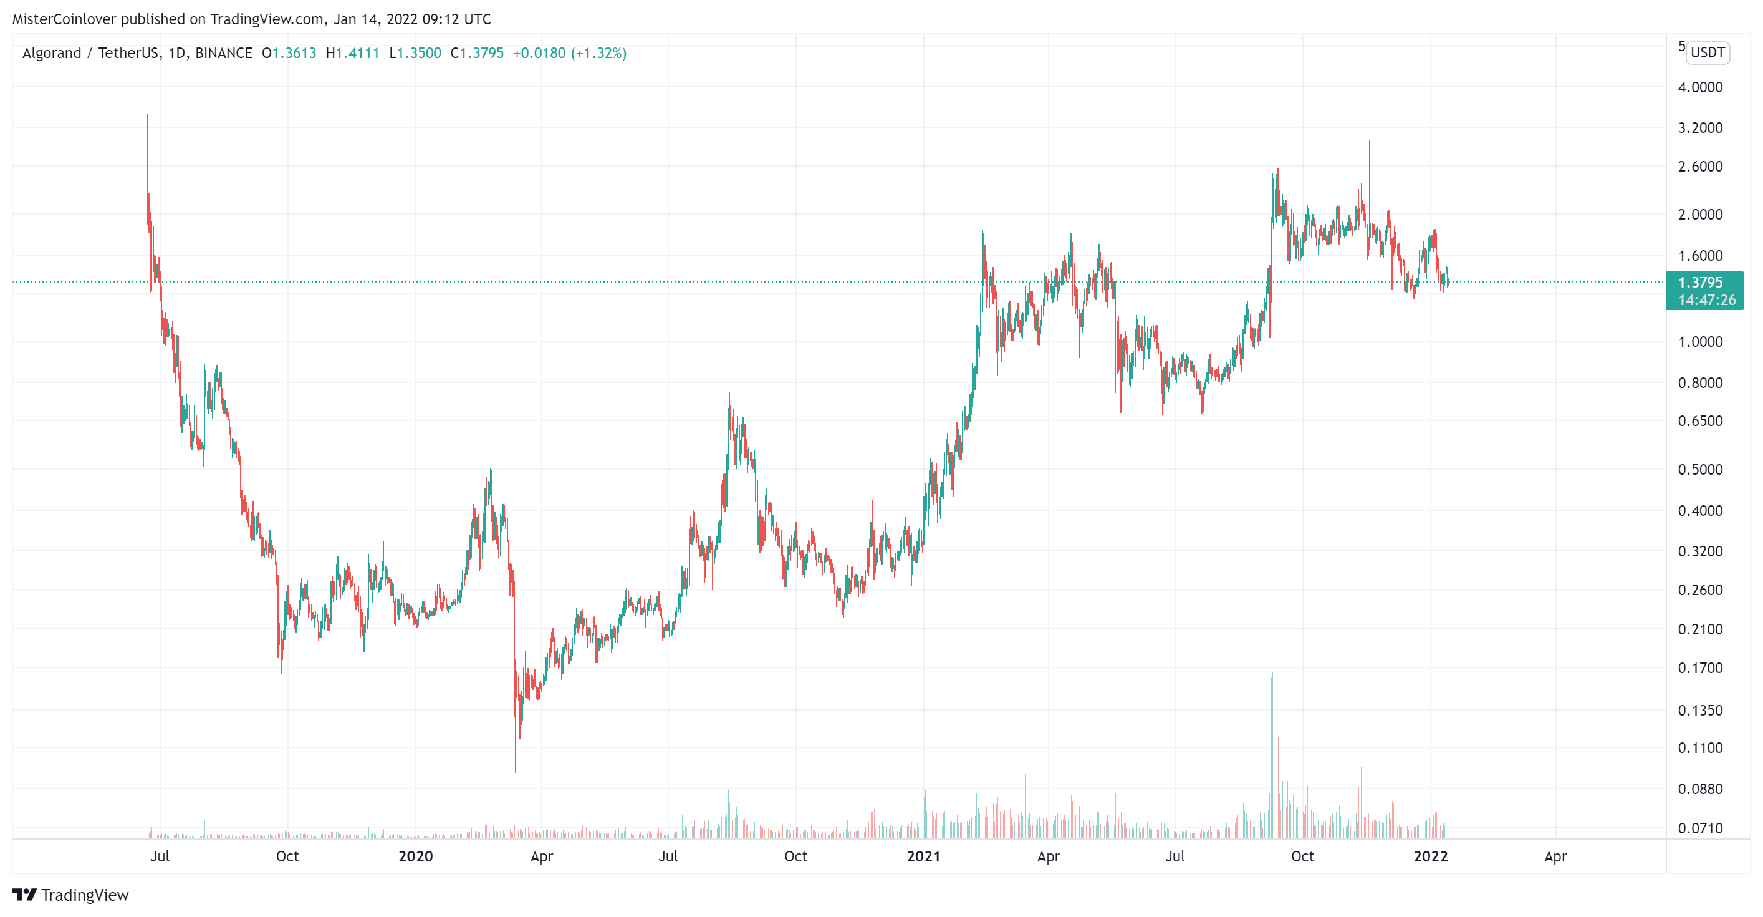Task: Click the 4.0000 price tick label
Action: pos(1699,87)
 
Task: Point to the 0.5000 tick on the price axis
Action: pos(1699,469)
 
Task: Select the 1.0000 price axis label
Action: pos(1699,342)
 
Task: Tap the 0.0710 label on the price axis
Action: pos(1699,828)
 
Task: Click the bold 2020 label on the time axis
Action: pos(415,856)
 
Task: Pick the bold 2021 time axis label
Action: pos(923,856)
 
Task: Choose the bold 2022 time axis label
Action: pos(1430,856)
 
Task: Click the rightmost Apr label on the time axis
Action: pos(1555,856)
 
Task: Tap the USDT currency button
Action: pos(1707,53)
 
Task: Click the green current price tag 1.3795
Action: pos(1700,282)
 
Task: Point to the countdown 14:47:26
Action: pos(1706,300)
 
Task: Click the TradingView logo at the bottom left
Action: pos(70,895)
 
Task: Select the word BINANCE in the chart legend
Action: pos(224,53)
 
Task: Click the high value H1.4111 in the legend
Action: pos(352,53)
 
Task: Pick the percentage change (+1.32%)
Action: pos(599,53)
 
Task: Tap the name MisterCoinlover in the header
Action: pos(64,19)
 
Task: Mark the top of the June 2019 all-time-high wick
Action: pos(147,115)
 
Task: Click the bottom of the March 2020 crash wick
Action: pos(516,772)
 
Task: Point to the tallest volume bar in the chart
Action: pos(1370,639)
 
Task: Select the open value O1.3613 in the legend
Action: pos(289,53)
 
